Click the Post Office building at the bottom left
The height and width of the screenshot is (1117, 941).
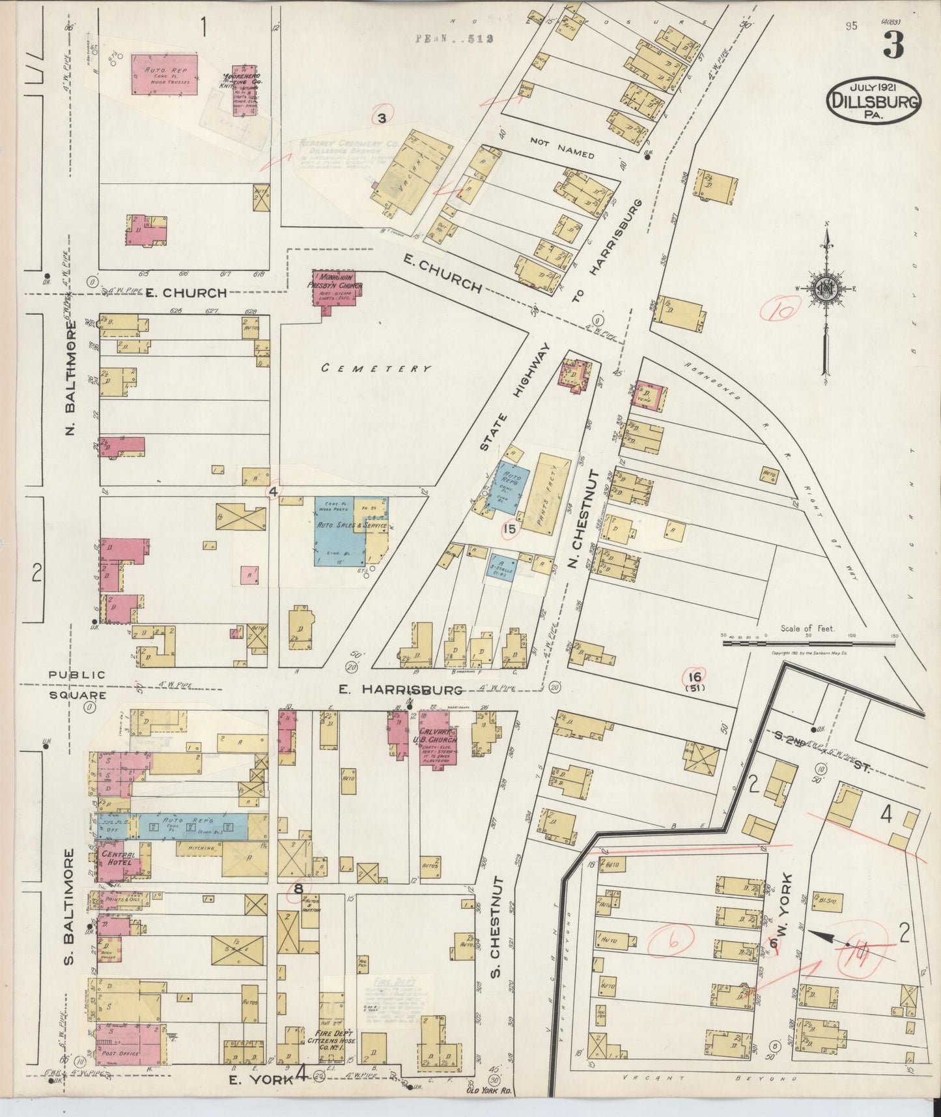click(x=128, y=1044)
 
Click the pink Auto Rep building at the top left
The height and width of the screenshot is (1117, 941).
click(x=164, y=74)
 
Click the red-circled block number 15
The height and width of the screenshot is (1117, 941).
click(x=510, y=529)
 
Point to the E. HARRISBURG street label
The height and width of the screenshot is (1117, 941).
click(x=400, y=689)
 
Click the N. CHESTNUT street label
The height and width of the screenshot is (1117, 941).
click(x=574, y=518)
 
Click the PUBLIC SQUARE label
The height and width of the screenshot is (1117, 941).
click(x=76, y=684)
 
